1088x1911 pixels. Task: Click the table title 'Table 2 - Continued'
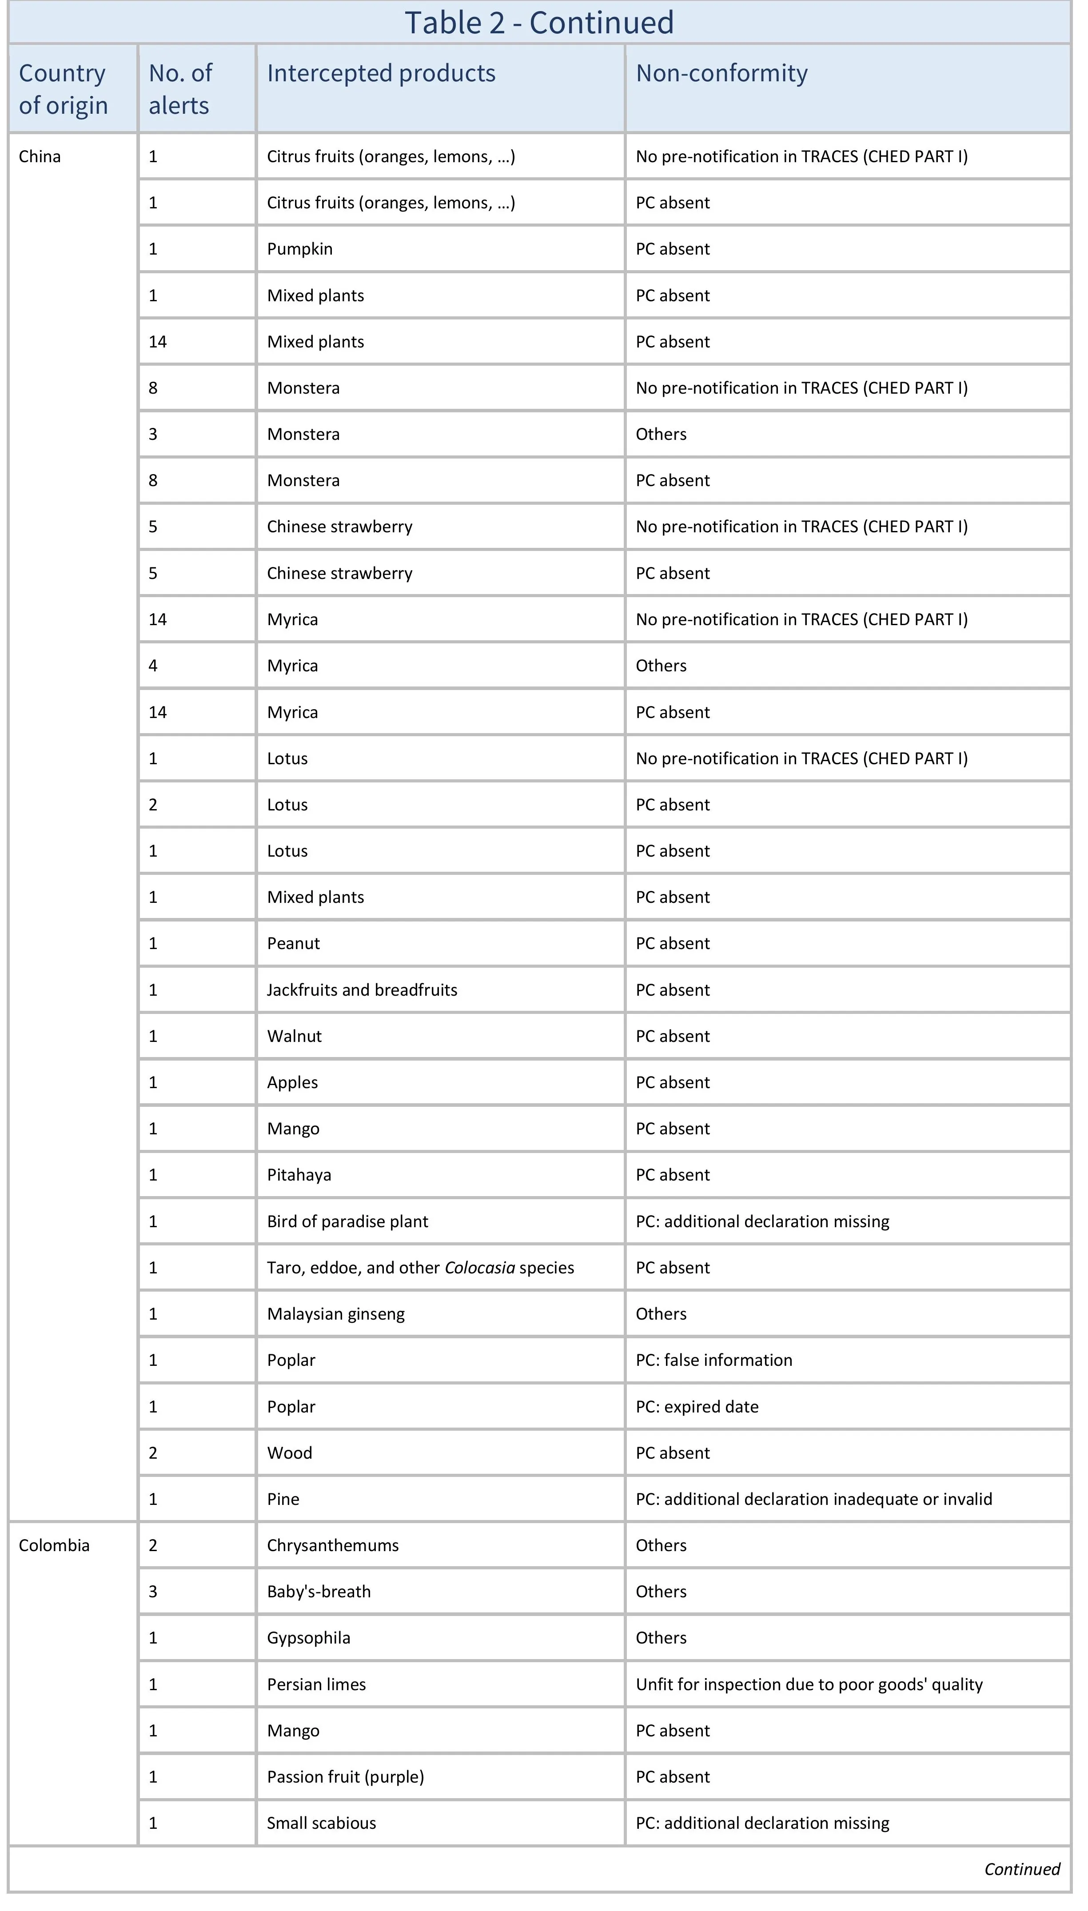click(539, 22)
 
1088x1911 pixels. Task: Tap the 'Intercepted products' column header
click(381, 73)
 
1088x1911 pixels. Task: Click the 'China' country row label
click(40, 157)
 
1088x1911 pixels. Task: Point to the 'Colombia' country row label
click(54, 1545)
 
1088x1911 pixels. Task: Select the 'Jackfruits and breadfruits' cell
click(362, 989)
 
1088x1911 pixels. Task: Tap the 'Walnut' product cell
click(295, 1036)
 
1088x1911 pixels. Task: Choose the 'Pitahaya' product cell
click(299, 1175)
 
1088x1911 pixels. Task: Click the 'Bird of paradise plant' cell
click(347, 1221)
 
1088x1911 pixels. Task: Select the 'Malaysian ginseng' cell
click(335, 1314)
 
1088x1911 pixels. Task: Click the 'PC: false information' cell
click(713, 1360)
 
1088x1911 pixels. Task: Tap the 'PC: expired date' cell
click(697, 1407)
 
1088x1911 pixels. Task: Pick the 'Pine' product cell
click(283, 1499)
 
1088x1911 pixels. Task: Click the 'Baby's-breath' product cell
click(319, 1591)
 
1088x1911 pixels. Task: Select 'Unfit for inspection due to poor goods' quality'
click(809, 1684)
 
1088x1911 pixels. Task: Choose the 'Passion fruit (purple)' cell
click(345, 1776)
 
